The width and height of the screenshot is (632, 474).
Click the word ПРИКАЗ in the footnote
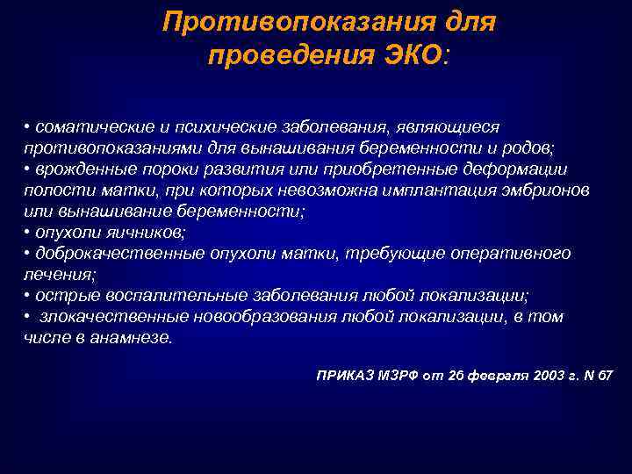(343, 375)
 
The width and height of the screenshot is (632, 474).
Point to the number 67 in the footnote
(607, 375)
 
